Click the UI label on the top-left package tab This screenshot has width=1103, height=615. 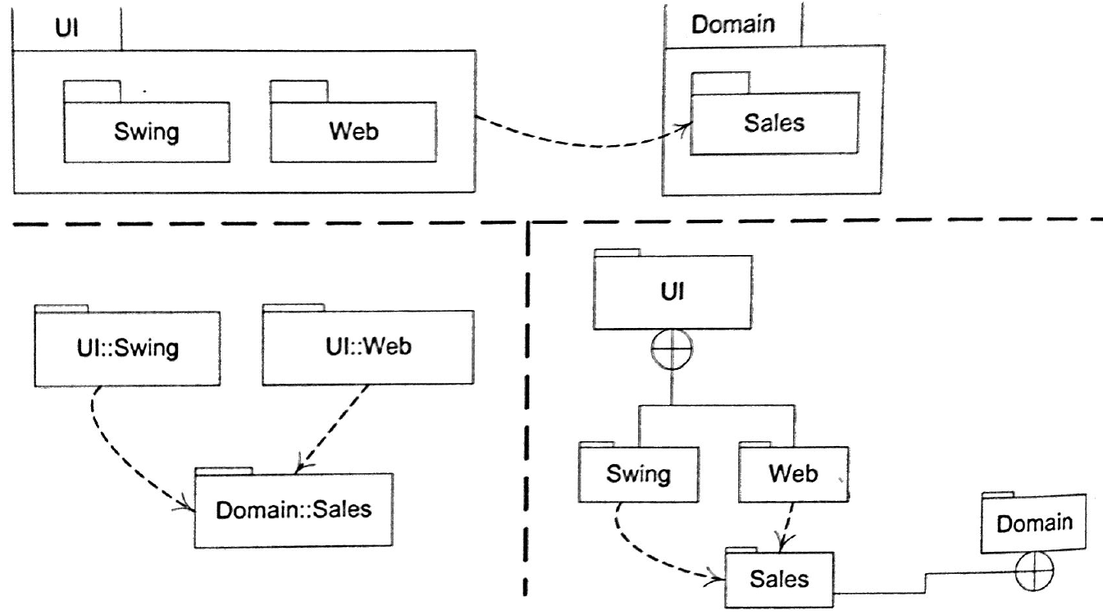pos(67,28)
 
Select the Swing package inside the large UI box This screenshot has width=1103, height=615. pos(147,131)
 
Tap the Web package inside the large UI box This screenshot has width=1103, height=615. pos(353,131)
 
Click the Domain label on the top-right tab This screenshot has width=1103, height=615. pos(732,24)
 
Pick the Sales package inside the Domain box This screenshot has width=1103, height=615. pos(775,123)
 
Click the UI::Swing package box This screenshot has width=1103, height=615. pos(128,348)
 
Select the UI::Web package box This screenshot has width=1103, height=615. pos(368,346)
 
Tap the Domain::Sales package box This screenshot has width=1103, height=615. pos(294,509)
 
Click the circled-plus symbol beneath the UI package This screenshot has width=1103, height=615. pos(672,349)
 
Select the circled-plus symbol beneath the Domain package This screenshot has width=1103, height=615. pos(1035,571)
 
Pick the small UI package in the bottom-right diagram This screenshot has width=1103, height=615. pos(672,290)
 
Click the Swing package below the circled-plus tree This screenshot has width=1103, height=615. pos(639,474)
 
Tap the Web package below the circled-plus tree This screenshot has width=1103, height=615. pos(793,474)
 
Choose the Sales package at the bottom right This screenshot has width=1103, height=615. pos(780,579)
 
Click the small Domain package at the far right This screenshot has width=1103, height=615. pos(1033,523)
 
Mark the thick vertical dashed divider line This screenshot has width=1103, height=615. pos(526,408)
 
